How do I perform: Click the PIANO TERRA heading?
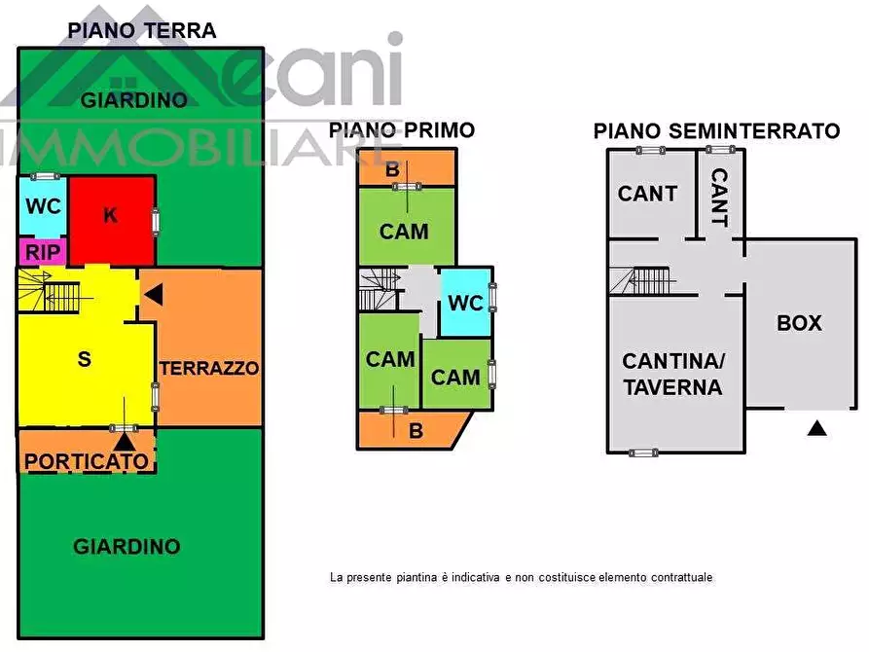point(141,30)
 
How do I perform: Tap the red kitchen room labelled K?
point(110,216)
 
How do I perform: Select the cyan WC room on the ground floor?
point(43,206)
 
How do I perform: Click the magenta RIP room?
point(43,252)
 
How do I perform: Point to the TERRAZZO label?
point(209,368)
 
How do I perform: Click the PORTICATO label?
point(88,460)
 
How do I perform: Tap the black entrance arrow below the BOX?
point(817,426)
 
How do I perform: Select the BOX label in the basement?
point(799,323)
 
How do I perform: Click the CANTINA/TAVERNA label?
point(673,374)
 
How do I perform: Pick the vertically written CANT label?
point(719,197)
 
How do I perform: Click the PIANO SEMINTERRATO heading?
point(716,130)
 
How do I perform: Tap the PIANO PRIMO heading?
point(401,129)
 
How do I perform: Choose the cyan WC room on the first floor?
point(465,303)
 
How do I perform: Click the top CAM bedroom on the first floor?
point(404,231)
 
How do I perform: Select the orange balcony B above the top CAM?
point(393,168)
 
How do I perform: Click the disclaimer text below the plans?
point(521,577)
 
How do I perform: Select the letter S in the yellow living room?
point(85,358)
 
